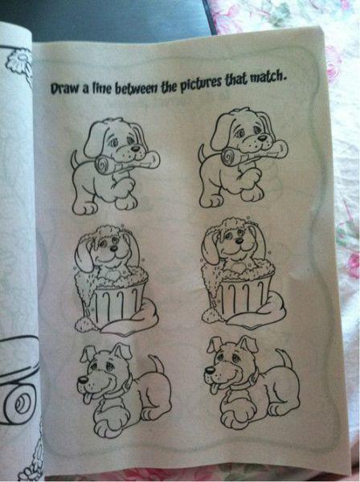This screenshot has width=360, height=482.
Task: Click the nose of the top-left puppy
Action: [135, 148]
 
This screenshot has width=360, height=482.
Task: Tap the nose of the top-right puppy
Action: [262, 138]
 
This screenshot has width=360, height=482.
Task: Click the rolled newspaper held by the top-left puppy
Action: [127, 164]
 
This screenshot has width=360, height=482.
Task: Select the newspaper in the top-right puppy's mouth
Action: [255, 153]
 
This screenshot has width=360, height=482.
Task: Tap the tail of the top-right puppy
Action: [202, 154]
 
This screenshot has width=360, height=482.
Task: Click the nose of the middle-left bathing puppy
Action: [114, 247]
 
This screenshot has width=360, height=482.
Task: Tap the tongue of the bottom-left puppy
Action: [88, 398]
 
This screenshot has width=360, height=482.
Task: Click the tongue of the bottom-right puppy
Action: [214, 389]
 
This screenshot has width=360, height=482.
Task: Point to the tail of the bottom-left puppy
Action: [157, 364]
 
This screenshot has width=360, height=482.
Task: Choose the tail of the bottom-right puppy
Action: [284, 358]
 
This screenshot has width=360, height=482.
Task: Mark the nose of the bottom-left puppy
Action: [83, 380]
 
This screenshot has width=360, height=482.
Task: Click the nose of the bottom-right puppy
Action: [210, 370]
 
